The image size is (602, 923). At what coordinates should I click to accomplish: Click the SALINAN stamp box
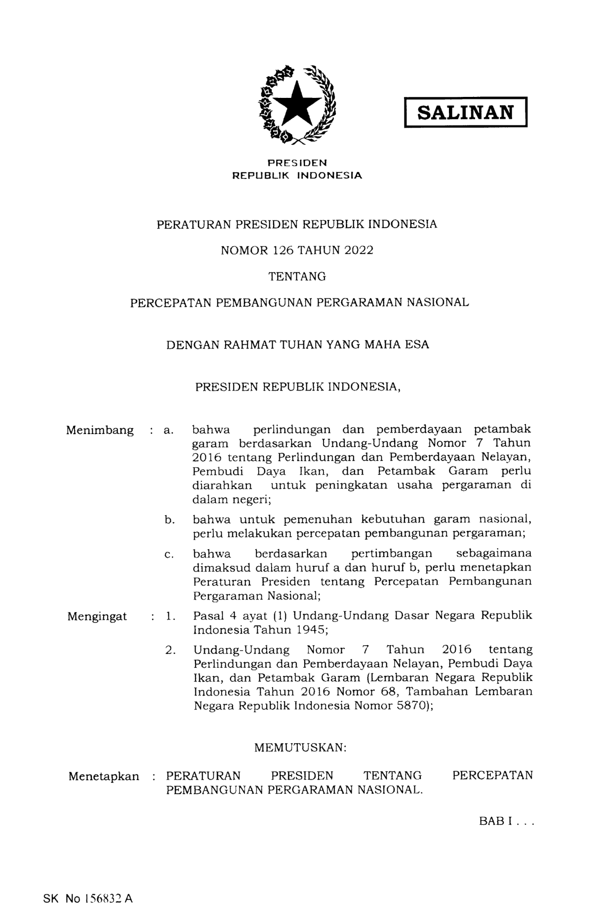coord(465,113)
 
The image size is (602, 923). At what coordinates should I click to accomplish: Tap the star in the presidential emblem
coord(297,104)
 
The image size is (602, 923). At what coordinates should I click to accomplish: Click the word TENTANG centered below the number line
coord(297,276)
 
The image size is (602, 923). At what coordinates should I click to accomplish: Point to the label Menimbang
coord(100,430)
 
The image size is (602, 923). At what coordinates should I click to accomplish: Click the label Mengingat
coord(97,616)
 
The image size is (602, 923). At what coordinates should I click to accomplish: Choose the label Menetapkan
coord(104,776)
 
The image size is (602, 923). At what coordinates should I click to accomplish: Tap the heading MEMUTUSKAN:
coord(300,747)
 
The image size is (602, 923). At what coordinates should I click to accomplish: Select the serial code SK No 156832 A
coord(88,899)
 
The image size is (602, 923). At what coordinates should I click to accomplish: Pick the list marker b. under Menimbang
coord(170,520)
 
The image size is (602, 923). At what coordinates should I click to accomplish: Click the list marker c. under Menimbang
coord(169,555)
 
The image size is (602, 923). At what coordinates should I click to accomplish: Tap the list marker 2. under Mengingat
coord(171,650)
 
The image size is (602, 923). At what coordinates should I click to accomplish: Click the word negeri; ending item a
coord(251,499)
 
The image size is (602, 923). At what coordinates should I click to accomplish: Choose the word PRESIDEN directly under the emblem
coord(297,163)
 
